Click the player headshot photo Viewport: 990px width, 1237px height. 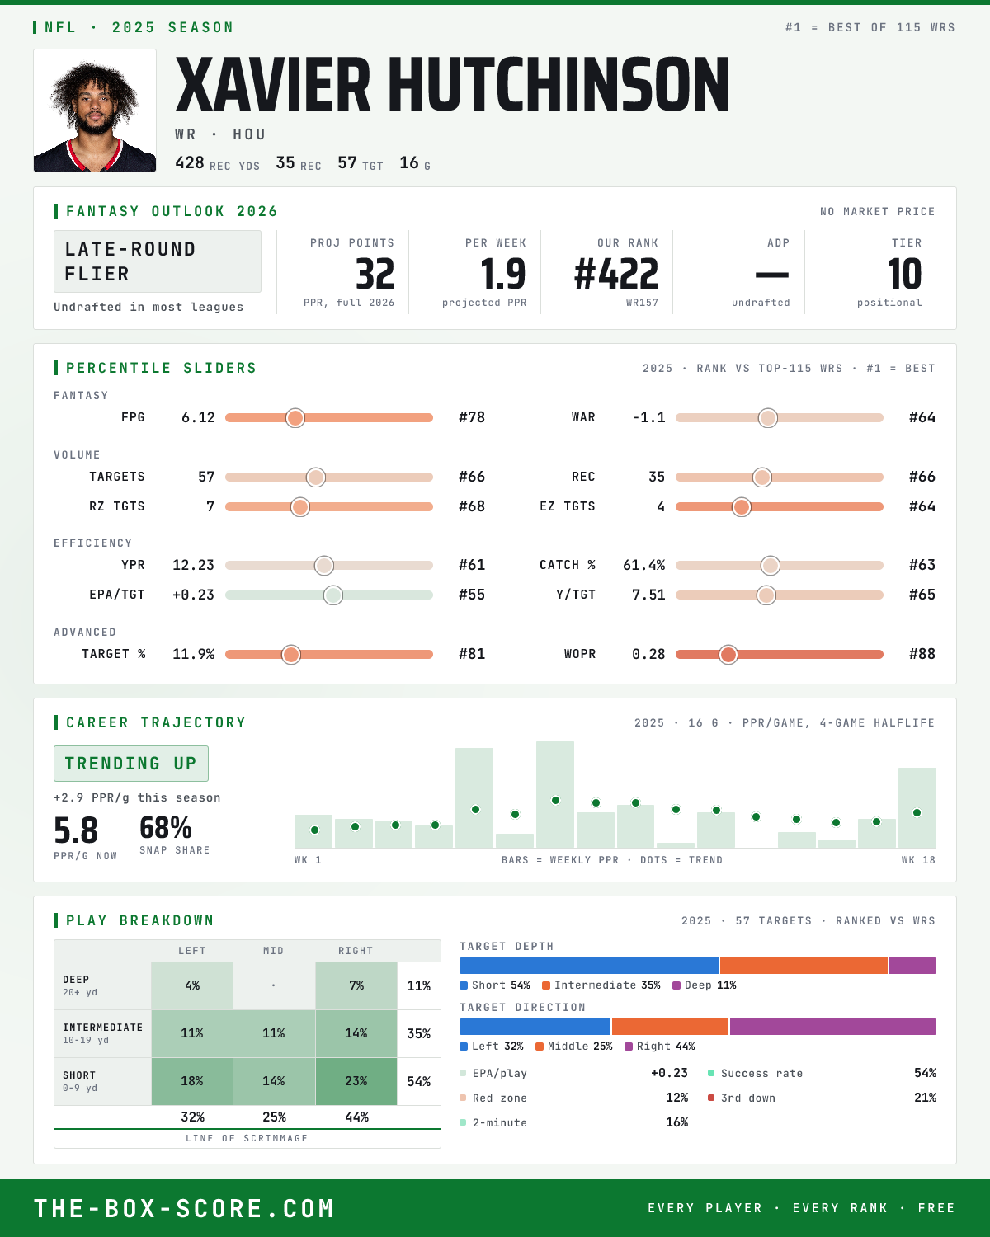pos(95,111)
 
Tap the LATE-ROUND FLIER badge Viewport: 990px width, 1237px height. pos(157,261)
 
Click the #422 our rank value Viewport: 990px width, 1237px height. pos(616,274)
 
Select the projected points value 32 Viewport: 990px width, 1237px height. pos(375,274)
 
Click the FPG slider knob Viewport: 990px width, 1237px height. pos(295,418)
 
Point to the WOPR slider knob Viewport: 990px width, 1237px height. pos(728,655)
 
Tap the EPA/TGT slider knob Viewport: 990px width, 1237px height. pos(333,595)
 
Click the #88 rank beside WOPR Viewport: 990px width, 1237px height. pos(922,654)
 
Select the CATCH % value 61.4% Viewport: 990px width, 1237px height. pos(643,565)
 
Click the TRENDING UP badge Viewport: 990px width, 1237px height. pos(131,764)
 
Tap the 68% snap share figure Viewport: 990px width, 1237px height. pos(166,828)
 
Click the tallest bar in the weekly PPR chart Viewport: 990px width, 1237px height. pos(555,794)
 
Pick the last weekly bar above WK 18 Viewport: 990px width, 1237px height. pos(917,807)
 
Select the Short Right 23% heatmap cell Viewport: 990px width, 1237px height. pos(356,1081)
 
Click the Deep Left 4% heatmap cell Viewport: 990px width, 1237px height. pos(192,985)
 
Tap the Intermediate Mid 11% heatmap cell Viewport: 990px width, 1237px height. pos(274,1033)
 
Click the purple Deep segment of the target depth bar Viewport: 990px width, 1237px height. pos(913,966)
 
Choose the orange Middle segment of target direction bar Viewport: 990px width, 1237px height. pos(670,1027)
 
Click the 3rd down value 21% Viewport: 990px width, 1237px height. pos(925,1098)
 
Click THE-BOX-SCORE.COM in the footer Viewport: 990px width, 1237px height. pos(184,1208)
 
